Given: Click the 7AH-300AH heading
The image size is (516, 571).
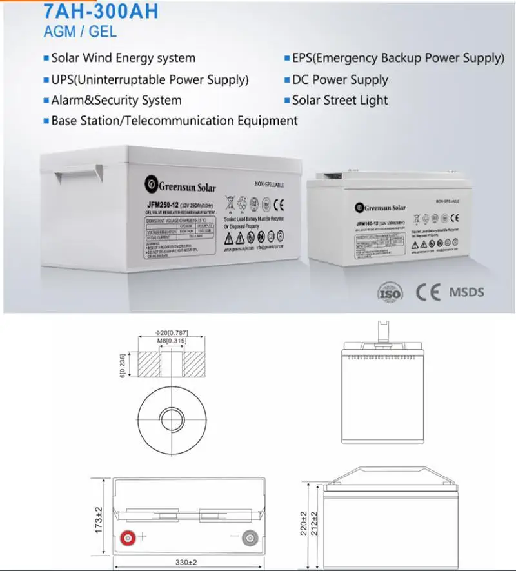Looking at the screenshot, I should [101, 12].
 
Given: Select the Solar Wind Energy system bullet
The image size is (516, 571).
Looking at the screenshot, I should [123, 58].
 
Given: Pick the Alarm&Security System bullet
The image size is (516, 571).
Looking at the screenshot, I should [116, 101].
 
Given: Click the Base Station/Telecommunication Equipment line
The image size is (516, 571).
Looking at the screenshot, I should [174, 121].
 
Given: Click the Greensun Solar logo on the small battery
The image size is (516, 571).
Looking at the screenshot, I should [381, 208].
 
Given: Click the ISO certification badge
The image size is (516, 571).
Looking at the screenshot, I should [389, 292].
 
